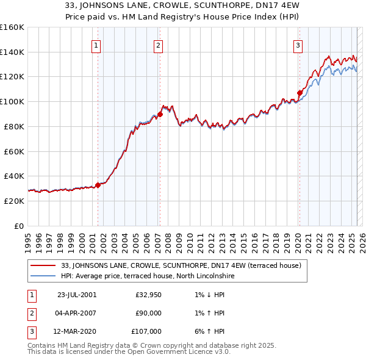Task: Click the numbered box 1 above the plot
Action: [x=97, y=45]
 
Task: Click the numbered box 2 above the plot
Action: [x=158, y=45]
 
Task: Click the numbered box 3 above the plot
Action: [x=298, y=45]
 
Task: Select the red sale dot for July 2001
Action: [x=98, y=184]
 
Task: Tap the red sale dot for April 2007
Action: [x=159, y=113]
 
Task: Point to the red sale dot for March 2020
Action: [x=299, y=93]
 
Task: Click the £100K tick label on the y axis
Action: [x=12, y=101]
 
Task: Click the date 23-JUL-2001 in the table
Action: [x=76, y=295]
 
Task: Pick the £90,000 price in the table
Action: [x=148, y=313]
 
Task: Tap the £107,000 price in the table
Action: [x=146, y=331]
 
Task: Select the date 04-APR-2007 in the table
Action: [x=76, y=313]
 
